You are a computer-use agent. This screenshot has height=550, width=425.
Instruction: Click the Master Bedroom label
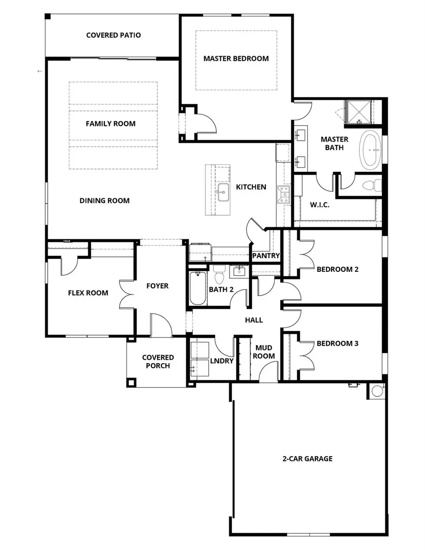pos(236,59)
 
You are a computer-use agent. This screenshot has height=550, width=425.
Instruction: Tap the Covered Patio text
pos(113,35)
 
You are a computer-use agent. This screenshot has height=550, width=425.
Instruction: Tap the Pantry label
pos(266,256)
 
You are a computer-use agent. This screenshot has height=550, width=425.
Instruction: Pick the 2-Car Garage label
pos(307,458)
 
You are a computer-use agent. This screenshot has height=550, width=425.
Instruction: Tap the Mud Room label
pos(263,352)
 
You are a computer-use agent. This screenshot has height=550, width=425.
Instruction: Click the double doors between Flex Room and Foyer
pos(127,298)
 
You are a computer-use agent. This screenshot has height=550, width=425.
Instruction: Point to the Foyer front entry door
pos(161,326)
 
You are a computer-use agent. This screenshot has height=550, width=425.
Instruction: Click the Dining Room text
pos(104,201)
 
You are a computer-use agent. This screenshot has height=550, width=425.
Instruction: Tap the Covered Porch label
pos(158,362)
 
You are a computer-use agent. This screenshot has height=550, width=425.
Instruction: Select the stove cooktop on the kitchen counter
pos(284,195)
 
